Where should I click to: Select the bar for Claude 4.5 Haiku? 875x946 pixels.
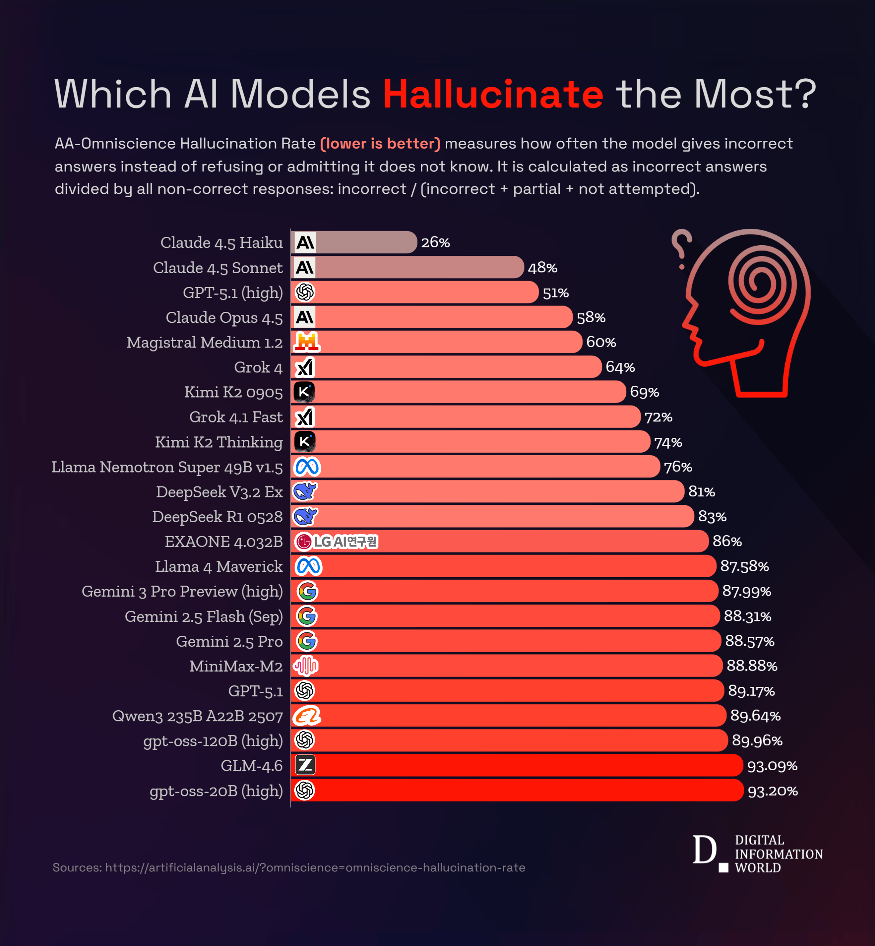click(x=354, y=242)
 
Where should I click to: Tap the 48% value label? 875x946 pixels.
click(x=542, y=268)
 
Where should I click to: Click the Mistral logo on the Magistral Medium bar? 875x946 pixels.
click(x=306, y=342)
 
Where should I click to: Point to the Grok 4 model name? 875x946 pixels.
click(x=258, y=367)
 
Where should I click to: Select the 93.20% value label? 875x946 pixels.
click(x=773, y=791)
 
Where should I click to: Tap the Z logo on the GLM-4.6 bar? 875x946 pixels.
click(x=305, y=765)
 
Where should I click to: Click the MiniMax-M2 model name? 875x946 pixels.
click(x=236, y=666)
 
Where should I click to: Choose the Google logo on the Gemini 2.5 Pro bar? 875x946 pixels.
click(x=306, y=641)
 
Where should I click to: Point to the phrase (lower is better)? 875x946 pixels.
click(x=380, y=143)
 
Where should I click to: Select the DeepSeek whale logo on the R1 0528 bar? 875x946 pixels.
click(x=305, y=516)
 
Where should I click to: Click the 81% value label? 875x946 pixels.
click(x=701, y=492)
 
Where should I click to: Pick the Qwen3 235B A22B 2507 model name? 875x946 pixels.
click(x=198, y=716)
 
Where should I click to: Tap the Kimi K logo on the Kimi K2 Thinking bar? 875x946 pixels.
click(x=305, y=442)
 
